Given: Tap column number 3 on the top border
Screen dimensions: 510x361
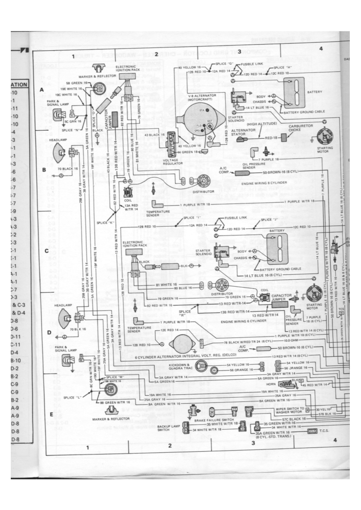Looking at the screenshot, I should [239, 51].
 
